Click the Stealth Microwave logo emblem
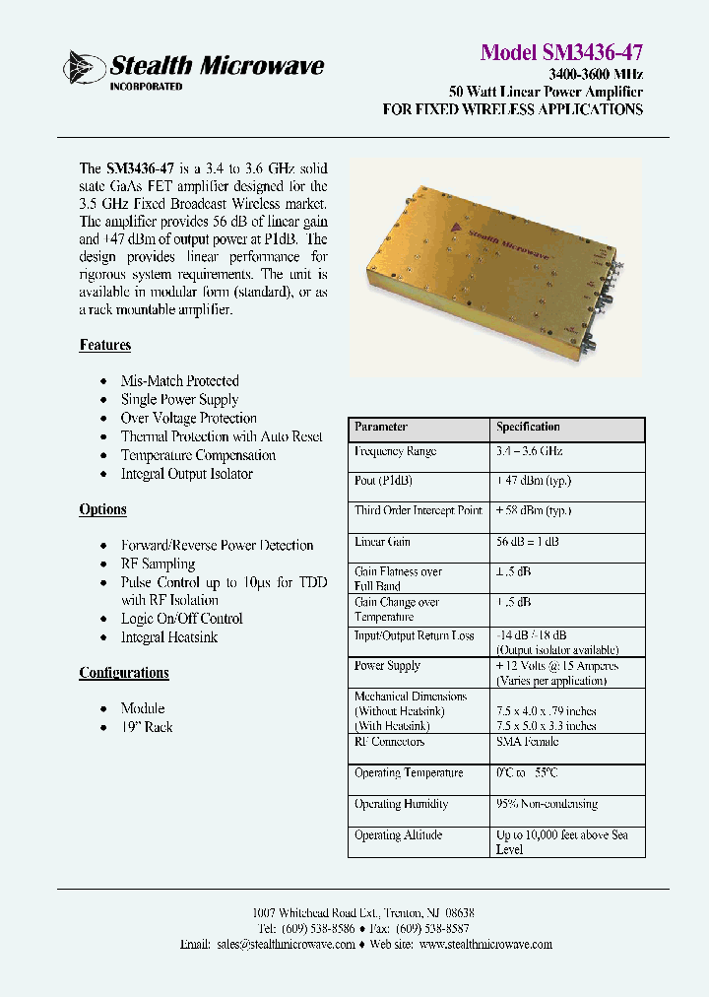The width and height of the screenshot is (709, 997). click(x=83, y=68)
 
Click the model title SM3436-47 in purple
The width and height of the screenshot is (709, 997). click(x=561, y=52)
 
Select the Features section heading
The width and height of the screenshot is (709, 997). click(x=104, y=345)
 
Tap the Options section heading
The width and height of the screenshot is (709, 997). click(x=102, y=509)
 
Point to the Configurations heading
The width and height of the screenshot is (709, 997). click(x=124, y=673)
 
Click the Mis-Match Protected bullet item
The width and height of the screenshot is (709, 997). click(x=179, y=380)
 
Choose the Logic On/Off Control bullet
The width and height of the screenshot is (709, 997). click(x=181, y=619)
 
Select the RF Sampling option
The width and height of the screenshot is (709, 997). click(x=158, y=564)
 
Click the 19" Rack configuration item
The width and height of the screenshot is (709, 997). click(x=146, y=727)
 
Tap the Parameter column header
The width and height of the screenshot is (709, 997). click(x=381, y=428)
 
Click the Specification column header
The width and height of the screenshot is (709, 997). click(x=528, y=428)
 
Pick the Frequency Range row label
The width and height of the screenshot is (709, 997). click(x=395, y=451)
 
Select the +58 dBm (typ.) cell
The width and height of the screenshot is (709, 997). click(x=534, y=511)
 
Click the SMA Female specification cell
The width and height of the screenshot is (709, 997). click(x=527, y=742)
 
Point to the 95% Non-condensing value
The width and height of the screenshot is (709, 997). click(x=547, y=804)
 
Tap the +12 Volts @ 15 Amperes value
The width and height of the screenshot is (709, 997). click(x=556, y=666)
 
